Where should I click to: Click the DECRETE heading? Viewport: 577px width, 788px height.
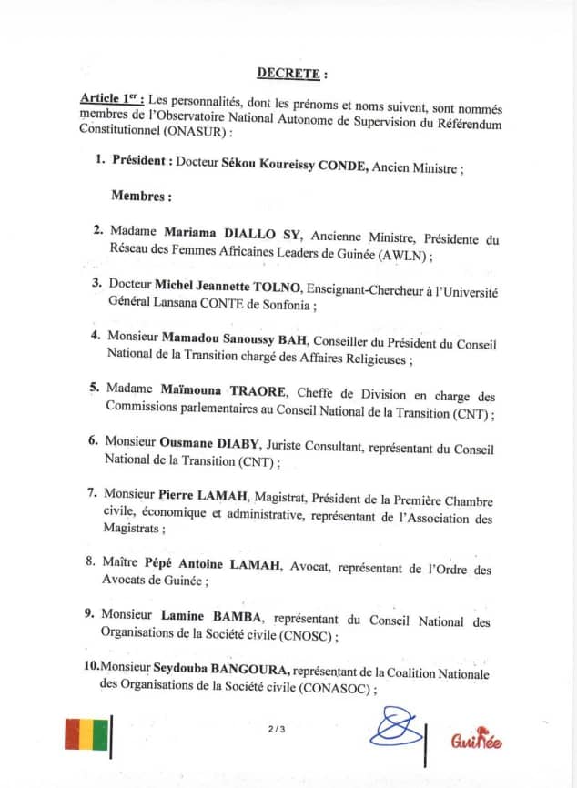point(291,73)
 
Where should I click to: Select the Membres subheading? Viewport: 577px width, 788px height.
point(141,196)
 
